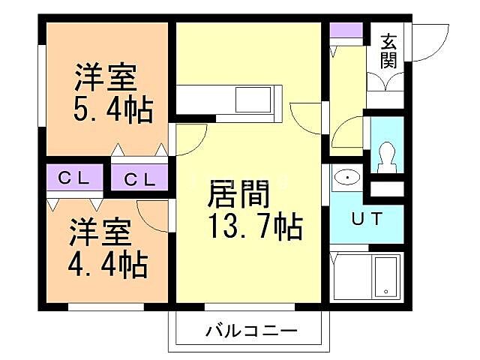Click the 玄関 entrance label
click(388, 51)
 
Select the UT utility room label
click(367, 219)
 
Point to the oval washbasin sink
click(347, 178)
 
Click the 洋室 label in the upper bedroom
click(105, 77)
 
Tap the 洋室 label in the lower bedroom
click(100, 231)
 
